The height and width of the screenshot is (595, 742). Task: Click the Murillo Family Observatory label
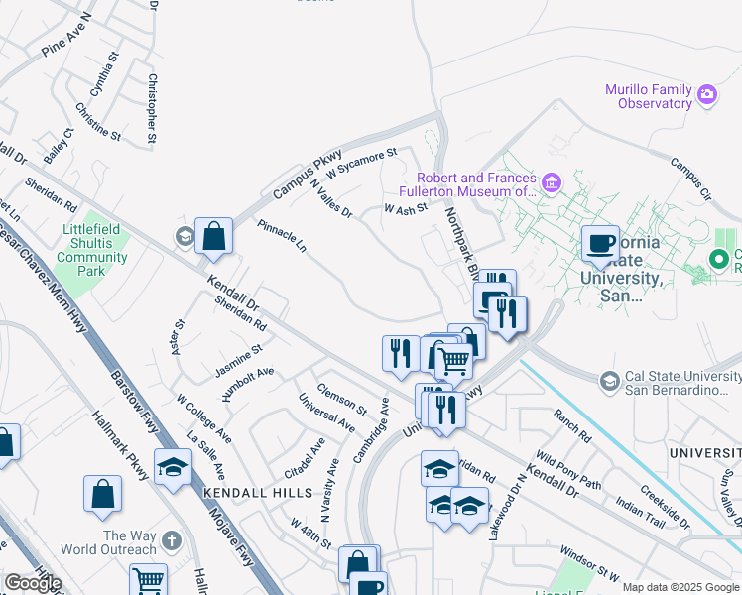648,96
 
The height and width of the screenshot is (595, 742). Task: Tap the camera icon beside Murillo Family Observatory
707,95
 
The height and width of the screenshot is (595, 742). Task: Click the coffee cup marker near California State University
600,243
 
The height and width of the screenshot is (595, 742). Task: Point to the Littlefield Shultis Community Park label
92,250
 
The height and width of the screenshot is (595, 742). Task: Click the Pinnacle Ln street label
282,237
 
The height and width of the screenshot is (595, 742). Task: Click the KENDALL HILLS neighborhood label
243,493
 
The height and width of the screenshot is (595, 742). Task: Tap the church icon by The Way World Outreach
172,541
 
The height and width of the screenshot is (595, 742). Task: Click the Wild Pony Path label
569,469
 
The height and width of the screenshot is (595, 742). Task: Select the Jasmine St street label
238,361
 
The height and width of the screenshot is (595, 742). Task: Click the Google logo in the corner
33,583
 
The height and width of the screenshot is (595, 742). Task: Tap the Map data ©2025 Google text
681,587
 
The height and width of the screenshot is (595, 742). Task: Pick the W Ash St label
405,208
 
